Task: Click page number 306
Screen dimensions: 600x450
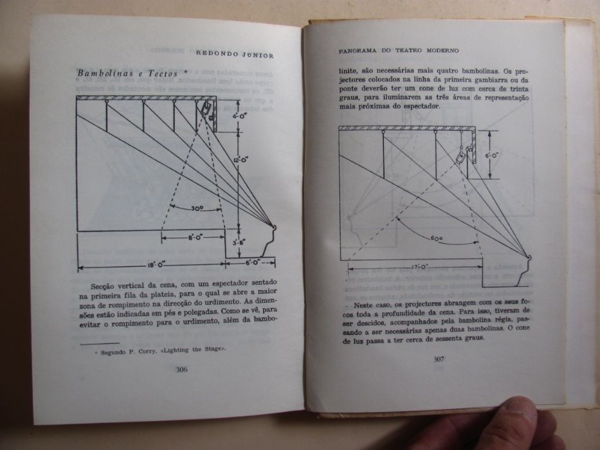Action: (181, 369)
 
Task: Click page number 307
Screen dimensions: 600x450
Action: (439, 359)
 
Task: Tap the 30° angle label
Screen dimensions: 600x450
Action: (197, 208)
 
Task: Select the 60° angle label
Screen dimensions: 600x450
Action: (437, 238)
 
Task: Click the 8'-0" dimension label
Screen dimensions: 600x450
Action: (195, 238)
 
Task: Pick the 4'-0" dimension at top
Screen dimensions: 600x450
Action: (239, 116)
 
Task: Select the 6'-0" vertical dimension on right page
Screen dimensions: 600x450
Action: (491, 155)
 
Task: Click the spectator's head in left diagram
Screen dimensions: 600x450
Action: (273, 228)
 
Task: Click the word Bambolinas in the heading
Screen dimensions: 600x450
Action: (101, 73)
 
